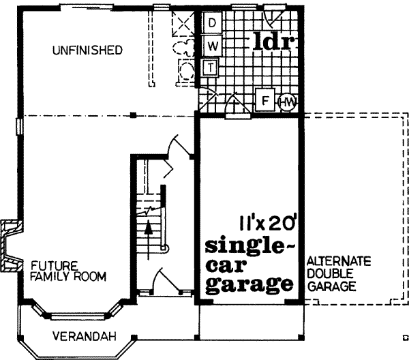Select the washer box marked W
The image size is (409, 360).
point(212,46)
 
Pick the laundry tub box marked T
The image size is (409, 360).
point(211,67)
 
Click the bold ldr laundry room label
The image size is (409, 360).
point(273,42)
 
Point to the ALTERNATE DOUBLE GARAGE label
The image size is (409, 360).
point(338,273)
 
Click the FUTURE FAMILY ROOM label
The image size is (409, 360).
point(67,271)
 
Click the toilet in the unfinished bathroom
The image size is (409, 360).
point(182,48)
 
